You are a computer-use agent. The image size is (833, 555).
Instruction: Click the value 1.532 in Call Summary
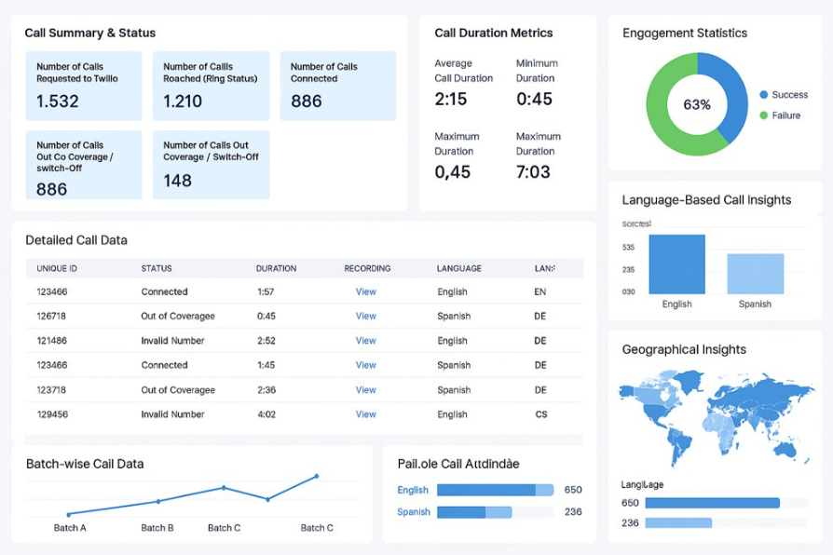[x=58, y=102]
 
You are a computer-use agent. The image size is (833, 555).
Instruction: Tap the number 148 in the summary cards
[x=178, y=180]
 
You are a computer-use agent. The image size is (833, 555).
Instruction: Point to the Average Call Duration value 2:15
[x=451, y=99]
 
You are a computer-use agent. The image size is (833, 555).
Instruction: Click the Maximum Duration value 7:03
[x=533, y=171]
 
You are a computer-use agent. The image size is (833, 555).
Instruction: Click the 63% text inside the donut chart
[x=697, y=104]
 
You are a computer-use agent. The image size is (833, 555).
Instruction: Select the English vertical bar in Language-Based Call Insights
[x=676, y=264]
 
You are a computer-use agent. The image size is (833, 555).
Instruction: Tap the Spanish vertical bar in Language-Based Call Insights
[x=755, y=274]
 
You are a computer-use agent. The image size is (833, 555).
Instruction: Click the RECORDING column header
[x=367, y=268]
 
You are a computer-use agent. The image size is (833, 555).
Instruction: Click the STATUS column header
[x=157, y=268]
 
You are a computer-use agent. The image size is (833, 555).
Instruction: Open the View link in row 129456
[x=366, y=414]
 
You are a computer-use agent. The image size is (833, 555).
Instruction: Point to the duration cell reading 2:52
[x=266, y=341]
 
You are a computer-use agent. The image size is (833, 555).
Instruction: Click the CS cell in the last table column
[x=541, y=414]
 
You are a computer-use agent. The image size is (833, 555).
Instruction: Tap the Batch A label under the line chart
[x=70, y=528]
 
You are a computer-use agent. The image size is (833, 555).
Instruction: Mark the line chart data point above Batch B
[x=157, y=501]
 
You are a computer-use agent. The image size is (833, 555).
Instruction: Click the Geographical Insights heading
[x=684, y=349]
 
